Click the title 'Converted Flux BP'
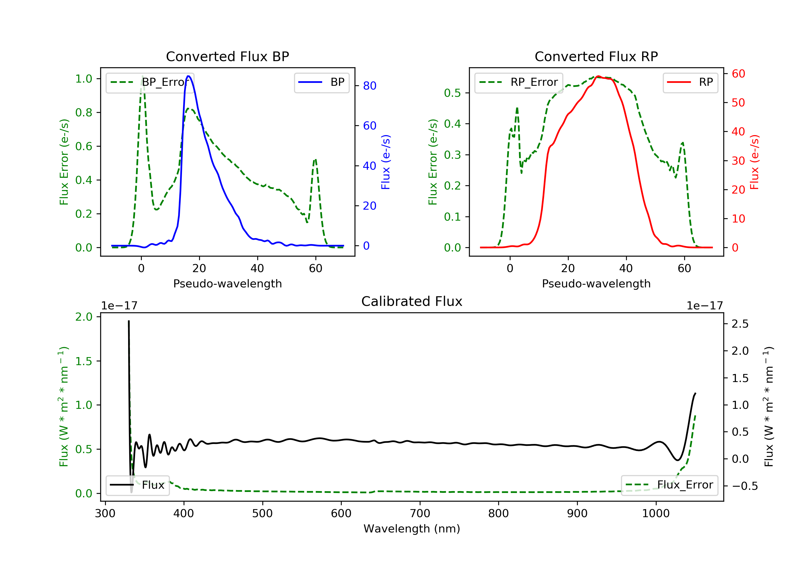click(x=227, y=56)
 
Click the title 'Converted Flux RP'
click(x=596, y=56)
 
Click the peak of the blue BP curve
click(x=188, y=76)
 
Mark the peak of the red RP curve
click(x=598, y=76)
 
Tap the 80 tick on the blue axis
click(x=369, y=86)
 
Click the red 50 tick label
click(x=738, y=103)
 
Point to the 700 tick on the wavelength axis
click(x=420, y=514)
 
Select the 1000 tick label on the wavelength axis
click(x=656, y=514)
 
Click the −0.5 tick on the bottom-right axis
click(x=745, y=486)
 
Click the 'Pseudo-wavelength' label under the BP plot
click(x=227, y=284)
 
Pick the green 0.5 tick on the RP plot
click(x=452, y=93)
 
